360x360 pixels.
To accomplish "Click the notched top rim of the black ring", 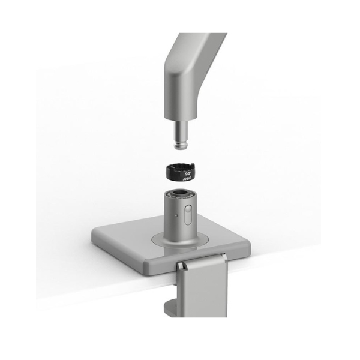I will (x=179, y=166).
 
